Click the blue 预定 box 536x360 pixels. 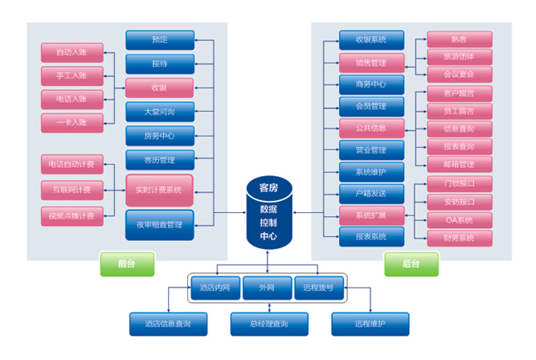point(159,39)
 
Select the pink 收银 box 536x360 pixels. point(159,87)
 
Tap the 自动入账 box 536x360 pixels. point(72,53)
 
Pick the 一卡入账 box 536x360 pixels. point(72,122)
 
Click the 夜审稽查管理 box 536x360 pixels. point(159,224)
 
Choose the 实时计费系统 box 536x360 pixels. point(159,190)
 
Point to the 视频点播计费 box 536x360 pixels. point(72,215)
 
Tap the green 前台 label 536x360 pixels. point(126,264)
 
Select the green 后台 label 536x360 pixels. point(411,264)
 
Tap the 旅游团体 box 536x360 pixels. point(459,56)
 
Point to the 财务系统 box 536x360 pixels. point(459,237)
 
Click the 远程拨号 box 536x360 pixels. point(318,287)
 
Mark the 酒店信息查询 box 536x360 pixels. point(168,323)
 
